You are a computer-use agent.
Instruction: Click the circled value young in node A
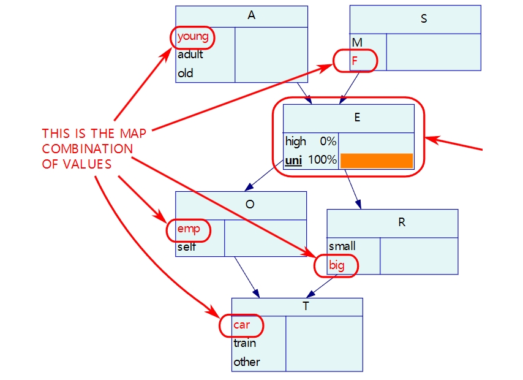pos(193,36)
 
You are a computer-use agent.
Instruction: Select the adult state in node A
pos(190,55)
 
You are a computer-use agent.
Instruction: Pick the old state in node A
pos(185,73)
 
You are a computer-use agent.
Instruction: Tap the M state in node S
pos(357,43)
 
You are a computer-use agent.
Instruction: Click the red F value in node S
pos(354,61)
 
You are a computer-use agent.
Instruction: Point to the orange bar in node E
pos(377,161)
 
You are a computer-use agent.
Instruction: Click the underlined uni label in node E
pos(293,161)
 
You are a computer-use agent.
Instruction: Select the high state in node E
pos(296,142)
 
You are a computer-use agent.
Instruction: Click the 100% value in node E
pos(322,159)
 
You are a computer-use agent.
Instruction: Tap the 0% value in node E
pos(328,141)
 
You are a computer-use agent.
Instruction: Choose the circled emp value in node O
pos(189,229)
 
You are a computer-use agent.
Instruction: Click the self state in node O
pos(186,247)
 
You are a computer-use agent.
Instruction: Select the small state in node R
pos(342,246)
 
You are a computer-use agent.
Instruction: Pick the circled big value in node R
pos(336,265)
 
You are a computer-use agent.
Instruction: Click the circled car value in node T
pos(241,325)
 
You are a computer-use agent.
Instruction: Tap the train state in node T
pos(244,343)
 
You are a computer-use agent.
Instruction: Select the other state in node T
pos(246,362)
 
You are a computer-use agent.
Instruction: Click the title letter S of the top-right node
pos(424,19)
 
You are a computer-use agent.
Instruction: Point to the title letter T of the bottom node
pos(306,306)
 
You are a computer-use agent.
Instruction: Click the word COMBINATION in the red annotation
pos(88,149)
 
